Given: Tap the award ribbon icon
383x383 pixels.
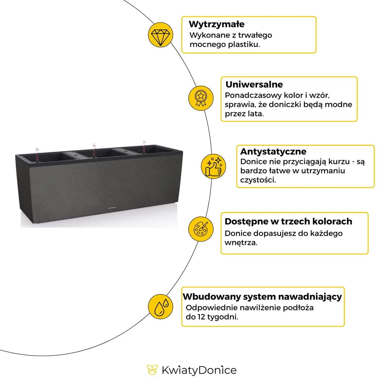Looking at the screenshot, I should coord(200,97).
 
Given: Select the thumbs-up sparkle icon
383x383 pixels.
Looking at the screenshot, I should coord(214,166).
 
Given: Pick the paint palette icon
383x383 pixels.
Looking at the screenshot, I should coord(201,229).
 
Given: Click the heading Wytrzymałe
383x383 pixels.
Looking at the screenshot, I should coord(216,24).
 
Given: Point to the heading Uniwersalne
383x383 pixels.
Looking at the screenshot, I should coord(254,85).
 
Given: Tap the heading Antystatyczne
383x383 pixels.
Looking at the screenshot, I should coord(273,151).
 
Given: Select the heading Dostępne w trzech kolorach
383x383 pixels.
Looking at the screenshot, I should coord(288,222).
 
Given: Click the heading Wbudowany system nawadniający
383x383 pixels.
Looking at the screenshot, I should coord(262,297).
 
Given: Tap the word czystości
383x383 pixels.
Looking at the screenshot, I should coord(258,180).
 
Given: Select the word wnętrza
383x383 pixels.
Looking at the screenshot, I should coord(241,243).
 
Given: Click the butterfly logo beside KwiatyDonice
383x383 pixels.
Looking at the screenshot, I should coord(152,370).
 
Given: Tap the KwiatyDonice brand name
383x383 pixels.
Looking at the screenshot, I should coord(199,370).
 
